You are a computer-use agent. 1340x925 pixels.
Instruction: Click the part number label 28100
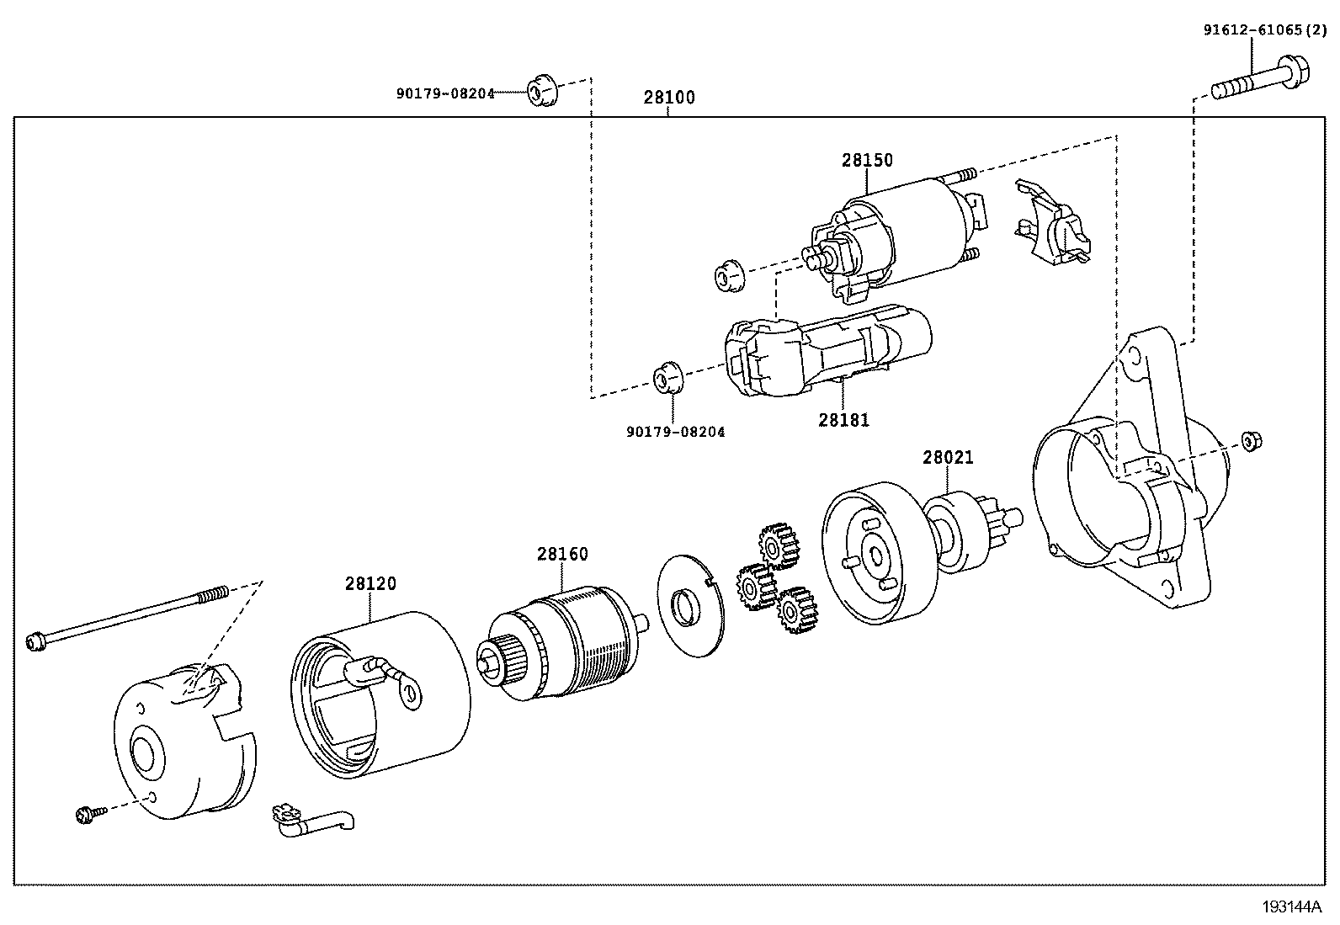point(669,98)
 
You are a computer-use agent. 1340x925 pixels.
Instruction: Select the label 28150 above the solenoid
point(867,161)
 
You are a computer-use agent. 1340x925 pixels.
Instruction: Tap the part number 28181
point(843,419)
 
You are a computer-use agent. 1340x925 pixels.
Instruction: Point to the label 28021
point(948,458)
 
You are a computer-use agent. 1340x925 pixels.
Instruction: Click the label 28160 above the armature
point(563,555)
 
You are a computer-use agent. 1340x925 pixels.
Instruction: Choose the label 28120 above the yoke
point(370,584)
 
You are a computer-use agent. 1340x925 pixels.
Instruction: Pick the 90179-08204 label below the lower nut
point(675,433)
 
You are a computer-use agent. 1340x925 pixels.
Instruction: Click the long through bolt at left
point(126,620)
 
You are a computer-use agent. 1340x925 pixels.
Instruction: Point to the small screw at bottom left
point(88,813)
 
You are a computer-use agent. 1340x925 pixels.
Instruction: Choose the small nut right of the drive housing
point(1251,440)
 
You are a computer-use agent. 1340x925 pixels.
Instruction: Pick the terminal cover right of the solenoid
point(1052,221)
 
